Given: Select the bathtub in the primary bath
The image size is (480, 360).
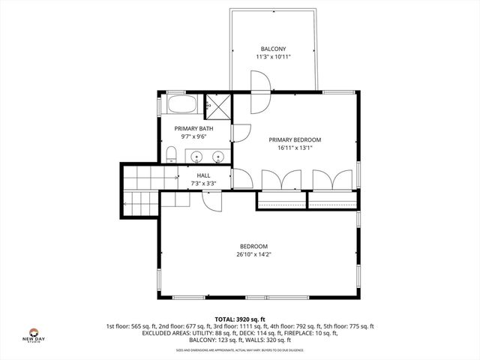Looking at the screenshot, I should pyautogui.click(x=181, y=105).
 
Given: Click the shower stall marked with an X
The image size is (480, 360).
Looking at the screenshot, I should pyautogui.click(x=218, y=105).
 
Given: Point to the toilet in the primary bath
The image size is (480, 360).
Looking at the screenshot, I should pyautogui.click(x=172, y=154).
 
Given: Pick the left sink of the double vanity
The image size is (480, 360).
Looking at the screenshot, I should pyautogui.click(x=196, y=157).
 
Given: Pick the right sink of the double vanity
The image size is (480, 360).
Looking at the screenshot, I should pyautogui.click(x=218, y=157).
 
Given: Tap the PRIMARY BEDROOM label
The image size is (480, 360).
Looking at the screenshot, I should pyautogui.click(x=295, y=139).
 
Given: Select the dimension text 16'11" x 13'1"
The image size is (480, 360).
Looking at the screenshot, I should pyautogui.click(x=295, y=148).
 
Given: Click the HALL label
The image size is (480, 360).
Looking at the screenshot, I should pyautogui.click(x=203, y=175).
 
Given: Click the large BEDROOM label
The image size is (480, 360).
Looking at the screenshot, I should pyautogui.click(x=253, y=246).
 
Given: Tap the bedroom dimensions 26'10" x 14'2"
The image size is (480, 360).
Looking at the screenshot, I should pyautogui.click(x=253, y=255).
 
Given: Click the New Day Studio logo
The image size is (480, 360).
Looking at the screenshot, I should pyautogui.click(x=34, y=334).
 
